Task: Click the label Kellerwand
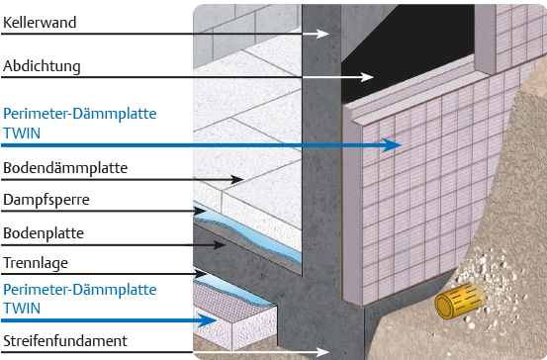point(40,23)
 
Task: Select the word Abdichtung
point(42,66)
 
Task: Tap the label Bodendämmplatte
point(65,168)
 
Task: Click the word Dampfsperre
point(46,200)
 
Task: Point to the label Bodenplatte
point(44,233)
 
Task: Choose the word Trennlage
point(36,263)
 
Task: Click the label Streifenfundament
point(65,341)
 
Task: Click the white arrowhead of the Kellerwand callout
point(322,34)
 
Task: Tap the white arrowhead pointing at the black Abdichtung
point(367,77)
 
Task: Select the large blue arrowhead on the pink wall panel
point(392,145)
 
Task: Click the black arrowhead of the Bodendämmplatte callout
point(236,180)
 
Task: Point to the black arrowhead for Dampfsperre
point(200,211)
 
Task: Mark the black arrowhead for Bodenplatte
point(220,245)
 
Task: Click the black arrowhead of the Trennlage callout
point(201,274)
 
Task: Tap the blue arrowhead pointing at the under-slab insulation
point(207,320)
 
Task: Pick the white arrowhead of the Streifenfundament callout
point(322,352)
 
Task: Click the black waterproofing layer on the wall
point(405,52)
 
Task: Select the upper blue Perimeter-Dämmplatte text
point(79,114)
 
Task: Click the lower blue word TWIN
point(22,309)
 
